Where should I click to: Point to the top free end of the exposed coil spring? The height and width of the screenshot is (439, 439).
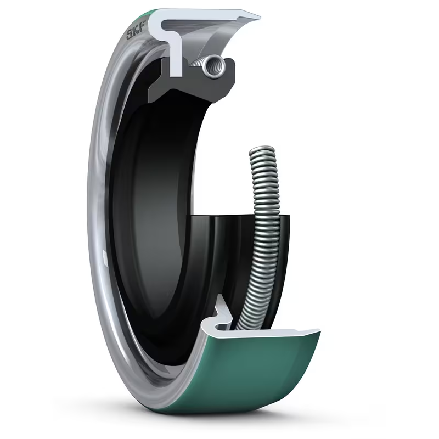(262, 150)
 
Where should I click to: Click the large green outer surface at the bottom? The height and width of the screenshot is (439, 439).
(258, 373)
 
